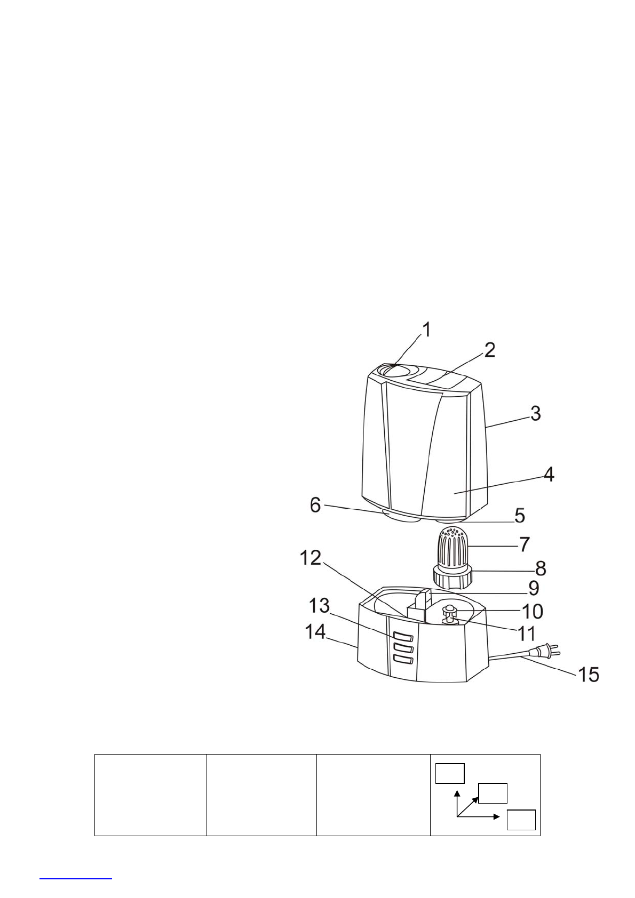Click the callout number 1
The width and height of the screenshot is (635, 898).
point(427,330)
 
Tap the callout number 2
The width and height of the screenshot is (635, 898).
point(489,350)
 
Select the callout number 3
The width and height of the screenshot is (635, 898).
point(536,413)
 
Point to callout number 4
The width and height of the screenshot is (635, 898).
point(549,474)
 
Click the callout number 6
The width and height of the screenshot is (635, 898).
point(315,505)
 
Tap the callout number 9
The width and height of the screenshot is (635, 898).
point(534,588)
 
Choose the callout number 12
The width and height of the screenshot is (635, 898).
point(311,557)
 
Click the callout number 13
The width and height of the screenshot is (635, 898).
point(319,606)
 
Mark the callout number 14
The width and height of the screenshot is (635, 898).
point(316,632)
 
